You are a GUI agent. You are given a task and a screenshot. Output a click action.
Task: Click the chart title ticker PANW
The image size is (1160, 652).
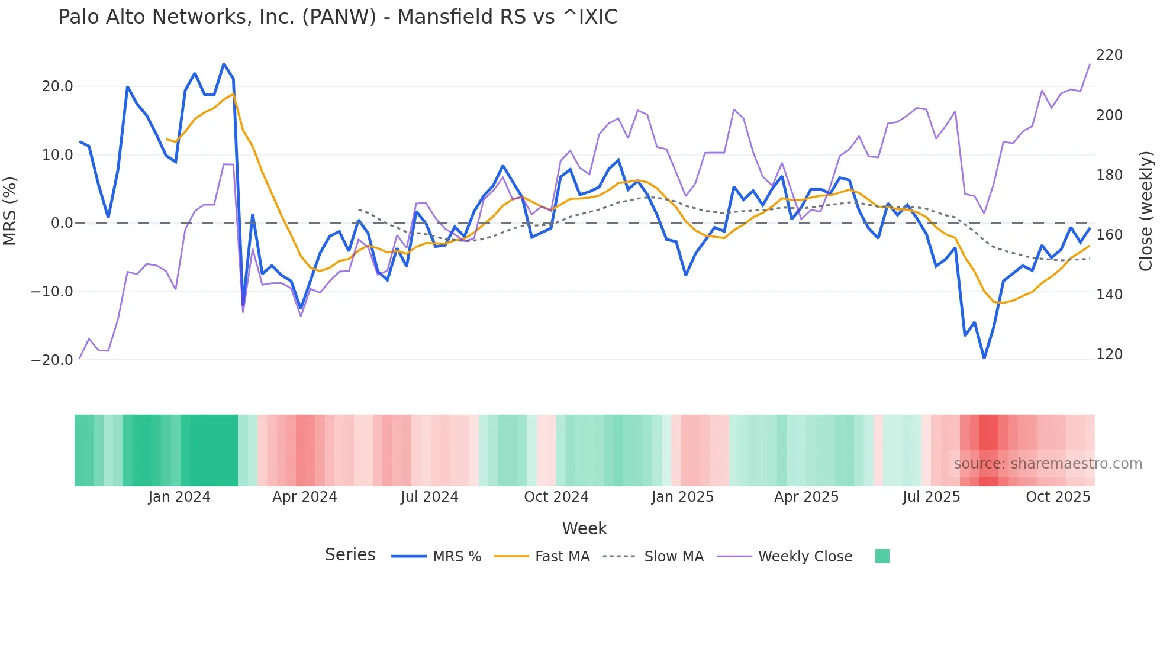pos(339,17)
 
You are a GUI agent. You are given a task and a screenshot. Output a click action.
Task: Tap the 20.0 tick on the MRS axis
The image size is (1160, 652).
pos(57,86)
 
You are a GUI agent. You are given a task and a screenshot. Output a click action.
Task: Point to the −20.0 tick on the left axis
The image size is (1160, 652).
pos(52,360)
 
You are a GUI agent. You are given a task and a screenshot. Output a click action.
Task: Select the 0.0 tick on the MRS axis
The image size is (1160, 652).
pos(62,223)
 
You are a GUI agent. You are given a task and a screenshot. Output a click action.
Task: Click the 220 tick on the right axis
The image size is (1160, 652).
pos(1109,55)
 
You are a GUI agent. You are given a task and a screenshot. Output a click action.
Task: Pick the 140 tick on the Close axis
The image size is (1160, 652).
pos(1109,294)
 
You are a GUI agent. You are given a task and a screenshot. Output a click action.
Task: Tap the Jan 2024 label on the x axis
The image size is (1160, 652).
pos(179,497)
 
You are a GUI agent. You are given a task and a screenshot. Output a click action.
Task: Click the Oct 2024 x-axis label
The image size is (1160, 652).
pos(556,497)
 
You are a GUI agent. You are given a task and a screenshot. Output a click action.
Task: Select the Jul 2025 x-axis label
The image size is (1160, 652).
pos(931,497)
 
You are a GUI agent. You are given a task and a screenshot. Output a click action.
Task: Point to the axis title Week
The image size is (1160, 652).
pos(584,528)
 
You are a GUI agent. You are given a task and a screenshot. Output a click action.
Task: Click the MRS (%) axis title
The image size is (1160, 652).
pos(10,211)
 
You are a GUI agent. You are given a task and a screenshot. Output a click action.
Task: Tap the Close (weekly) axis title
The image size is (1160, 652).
pos(1146,211)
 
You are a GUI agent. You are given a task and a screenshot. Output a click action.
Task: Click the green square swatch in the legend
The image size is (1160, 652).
pos(882,556)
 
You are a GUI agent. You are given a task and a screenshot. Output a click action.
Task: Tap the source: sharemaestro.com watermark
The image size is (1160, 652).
pos(1048,464)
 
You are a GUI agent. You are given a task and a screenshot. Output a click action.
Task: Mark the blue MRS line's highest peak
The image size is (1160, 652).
pos(224,64)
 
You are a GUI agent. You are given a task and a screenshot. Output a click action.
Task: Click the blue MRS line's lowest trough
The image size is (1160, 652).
pos(984,358)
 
